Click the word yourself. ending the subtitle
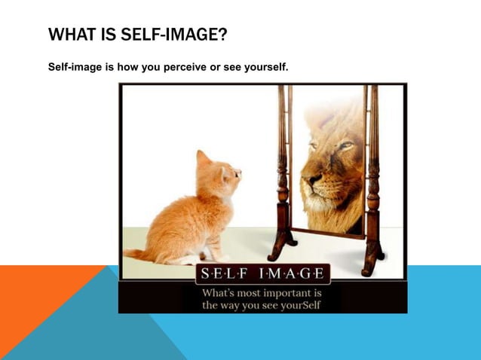pyautogui.click(x=263, y=68)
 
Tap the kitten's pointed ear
pyautogui.click(x=204, y=158)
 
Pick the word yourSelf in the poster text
pyautogui.click(x=299, y=306)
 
